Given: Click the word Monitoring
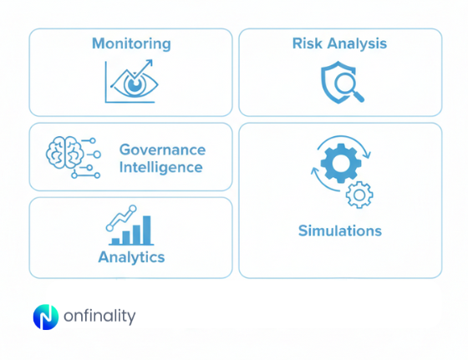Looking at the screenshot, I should point(131,43).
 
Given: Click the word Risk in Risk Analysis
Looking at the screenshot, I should point(306,43).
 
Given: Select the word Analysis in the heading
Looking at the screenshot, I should point(357,43).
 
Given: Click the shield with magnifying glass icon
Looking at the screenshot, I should point(341,83).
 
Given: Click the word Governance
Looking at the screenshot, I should point(162,150).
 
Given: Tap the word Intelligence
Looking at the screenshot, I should point(160,167).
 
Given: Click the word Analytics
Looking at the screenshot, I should point(131,256).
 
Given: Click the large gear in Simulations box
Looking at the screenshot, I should point(338,164).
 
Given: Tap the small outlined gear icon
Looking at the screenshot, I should point(359,195).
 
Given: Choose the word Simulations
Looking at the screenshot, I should point(340,231).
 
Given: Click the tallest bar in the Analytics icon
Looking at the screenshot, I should point(148,231).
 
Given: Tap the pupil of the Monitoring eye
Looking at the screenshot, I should point(133,84).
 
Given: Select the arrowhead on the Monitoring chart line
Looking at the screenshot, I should point(150,63).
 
